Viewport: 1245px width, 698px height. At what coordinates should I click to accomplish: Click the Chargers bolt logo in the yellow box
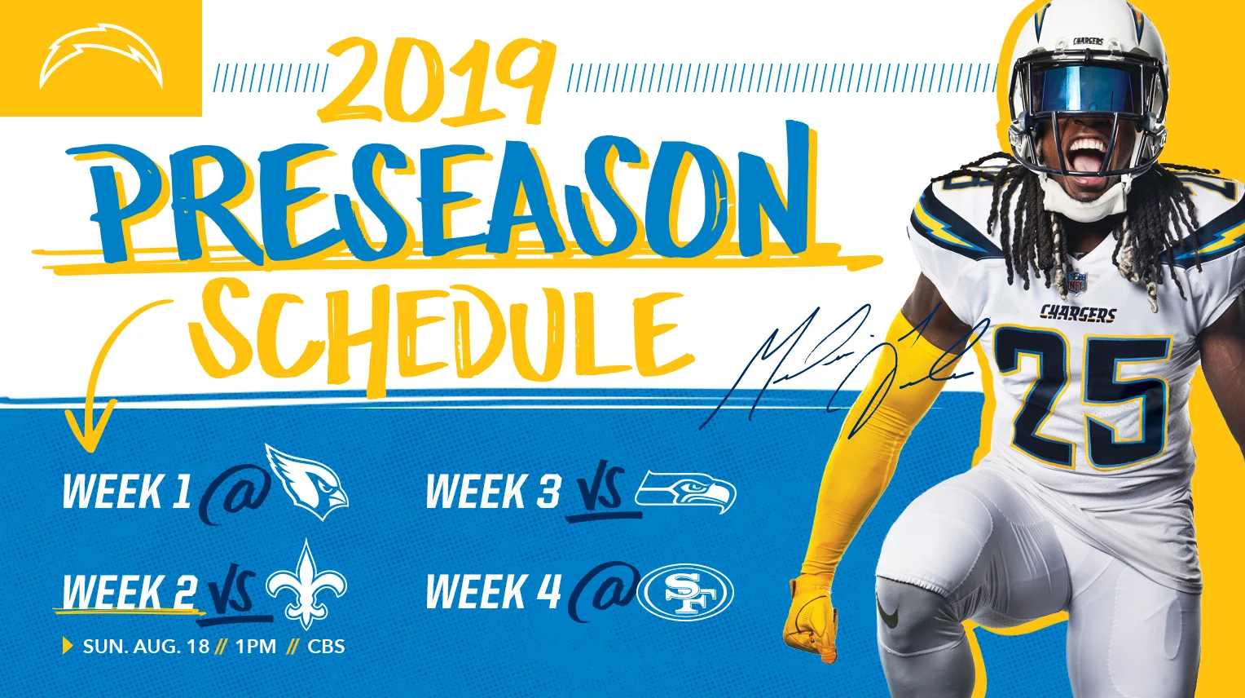tap(101, 58)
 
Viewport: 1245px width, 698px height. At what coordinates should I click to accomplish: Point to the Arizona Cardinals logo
tap(306, 482)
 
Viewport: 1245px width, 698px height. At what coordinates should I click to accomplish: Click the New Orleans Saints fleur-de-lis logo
tap(306, 585)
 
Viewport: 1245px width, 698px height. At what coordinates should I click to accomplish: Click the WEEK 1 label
tap(126, 492)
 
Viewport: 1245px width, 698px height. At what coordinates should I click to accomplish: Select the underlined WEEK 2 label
tap(130, 591)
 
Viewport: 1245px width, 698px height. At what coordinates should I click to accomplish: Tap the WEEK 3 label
tap(493, 492)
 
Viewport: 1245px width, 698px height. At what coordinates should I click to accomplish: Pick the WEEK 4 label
tap(493, 591)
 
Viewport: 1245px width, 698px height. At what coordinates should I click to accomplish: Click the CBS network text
tap(326, 647)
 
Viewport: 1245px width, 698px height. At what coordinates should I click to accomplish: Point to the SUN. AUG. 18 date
tap(147, 647)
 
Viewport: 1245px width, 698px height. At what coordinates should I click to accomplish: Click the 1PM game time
tap(256, 647)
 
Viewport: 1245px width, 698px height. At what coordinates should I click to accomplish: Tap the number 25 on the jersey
tap(1084, 395)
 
